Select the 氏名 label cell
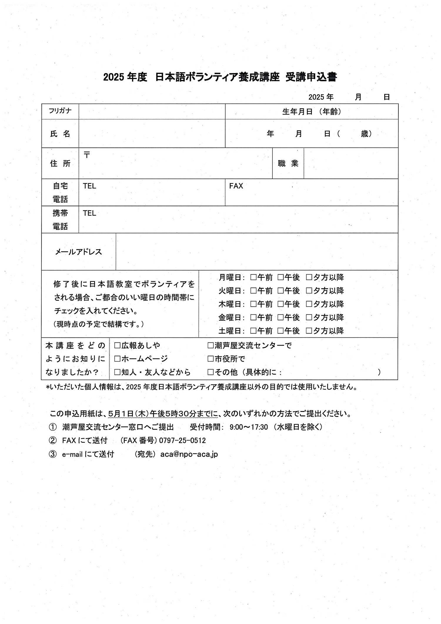coord(60,134)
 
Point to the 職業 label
coord(288,163)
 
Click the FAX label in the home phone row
coord(236,186)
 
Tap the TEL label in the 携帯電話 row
coord(89,213)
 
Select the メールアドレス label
coord(78,252)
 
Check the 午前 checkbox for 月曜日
coord(253,277)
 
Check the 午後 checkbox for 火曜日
coord(280,291)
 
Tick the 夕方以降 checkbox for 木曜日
coord(309,304)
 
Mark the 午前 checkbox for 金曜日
coord(253,317)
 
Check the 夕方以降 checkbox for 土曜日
coord(309,331)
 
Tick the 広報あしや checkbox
coord(117,345)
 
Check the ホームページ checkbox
coord(117,359)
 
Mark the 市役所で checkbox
coord(211,359)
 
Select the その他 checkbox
coord(211,372)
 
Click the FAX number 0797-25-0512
coord(182,440)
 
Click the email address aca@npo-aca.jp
coord(189,454)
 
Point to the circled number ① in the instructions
coord(52,427)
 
